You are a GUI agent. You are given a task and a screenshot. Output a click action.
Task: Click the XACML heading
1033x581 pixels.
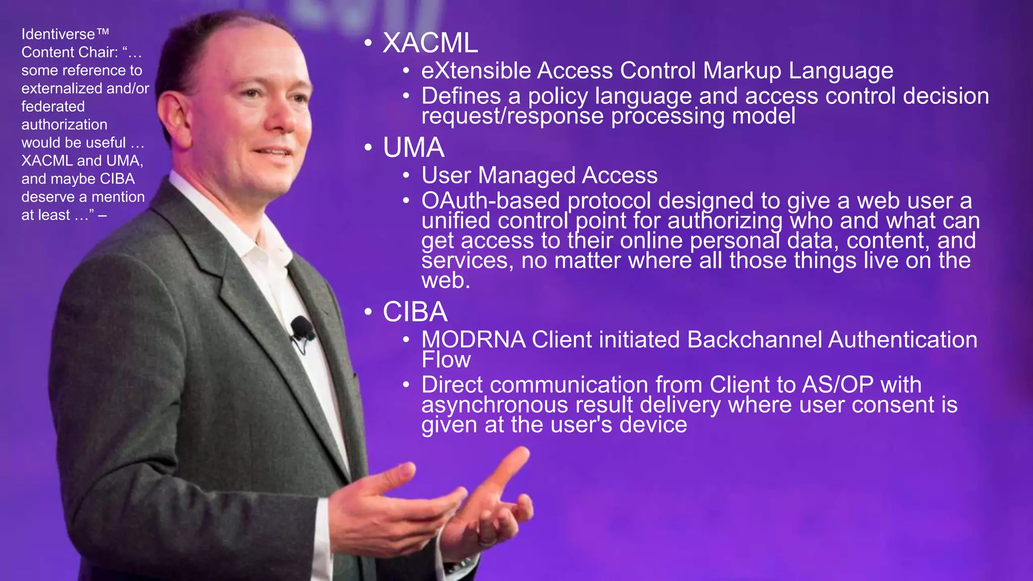(x=430, y=43)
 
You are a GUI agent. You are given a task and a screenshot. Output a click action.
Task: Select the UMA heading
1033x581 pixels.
(x=413, y=148)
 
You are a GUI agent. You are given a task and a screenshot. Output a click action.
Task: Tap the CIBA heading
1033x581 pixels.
(x=415, y=312)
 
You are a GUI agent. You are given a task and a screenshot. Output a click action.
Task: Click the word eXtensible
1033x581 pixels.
(x=476, y=71)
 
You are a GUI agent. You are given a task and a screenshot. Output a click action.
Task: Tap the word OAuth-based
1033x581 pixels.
(x=490, y=201)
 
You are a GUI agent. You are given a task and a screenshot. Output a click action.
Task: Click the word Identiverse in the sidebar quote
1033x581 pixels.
(x=58, y=34)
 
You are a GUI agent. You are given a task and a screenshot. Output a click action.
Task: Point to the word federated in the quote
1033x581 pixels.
(x=53, y=106)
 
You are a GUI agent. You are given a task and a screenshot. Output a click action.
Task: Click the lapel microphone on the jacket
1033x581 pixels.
(x=302, y=328)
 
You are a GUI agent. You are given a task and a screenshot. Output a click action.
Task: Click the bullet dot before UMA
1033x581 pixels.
(x=368, y=148)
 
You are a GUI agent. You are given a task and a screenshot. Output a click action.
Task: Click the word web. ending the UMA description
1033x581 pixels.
(x=445, y=280)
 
